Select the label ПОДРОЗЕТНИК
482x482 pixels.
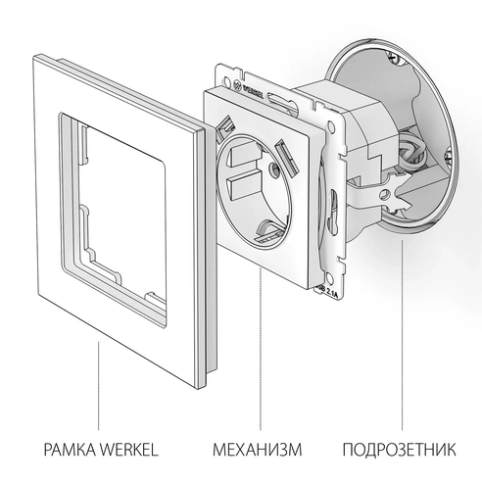[x=400, y=452]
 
